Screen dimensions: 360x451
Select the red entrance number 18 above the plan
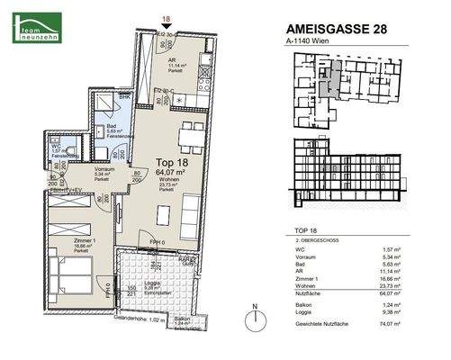(164, 17)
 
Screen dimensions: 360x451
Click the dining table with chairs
(189, 136)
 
